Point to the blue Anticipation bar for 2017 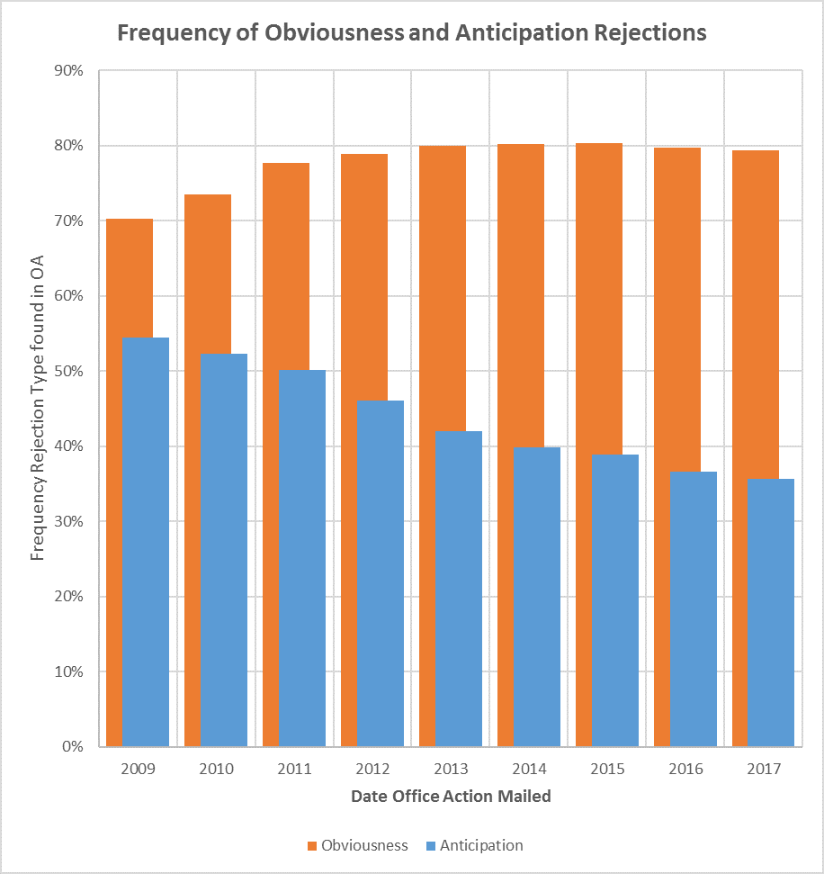[x=771, y=612]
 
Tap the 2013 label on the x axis [x=451, y=770]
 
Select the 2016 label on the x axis [x=685, y=770]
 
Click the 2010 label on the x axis [x=216, y=770]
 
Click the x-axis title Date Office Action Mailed [x=451, y=797]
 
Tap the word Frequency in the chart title [x=167, y=33]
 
